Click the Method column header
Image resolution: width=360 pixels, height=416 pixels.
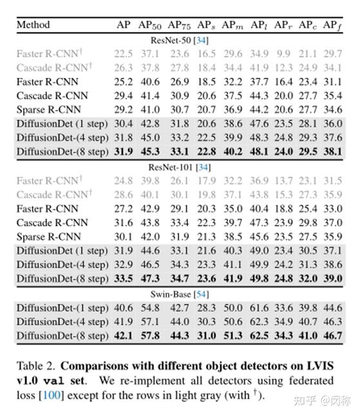click(x=33, y=25)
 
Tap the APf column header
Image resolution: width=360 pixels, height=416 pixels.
click(x=332, y=25)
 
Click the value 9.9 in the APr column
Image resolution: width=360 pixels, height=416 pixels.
click(x=283, y=53)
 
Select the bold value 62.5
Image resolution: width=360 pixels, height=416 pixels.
click(x=259, y=336)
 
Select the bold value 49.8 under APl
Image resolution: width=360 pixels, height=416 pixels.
click(x=259, y=278)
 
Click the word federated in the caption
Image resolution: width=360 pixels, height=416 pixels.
click(x=316, y=379)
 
